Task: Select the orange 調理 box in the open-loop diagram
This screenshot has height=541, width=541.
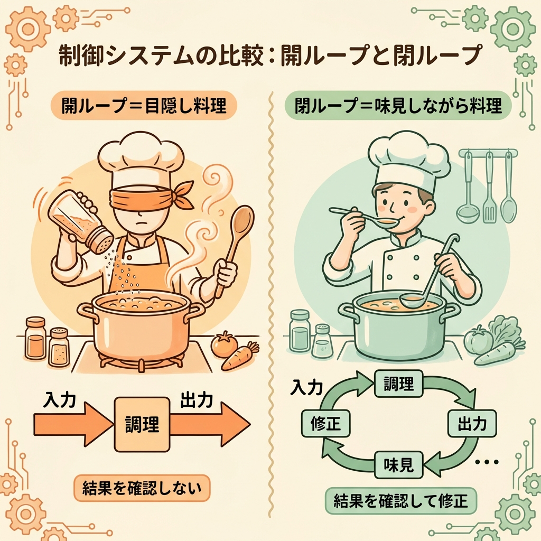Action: click(142, 424)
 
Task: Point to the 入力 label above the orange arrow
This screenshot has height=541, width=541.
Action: click(59, 400)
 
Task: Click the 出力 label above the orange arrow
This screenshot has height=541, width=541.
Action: click(197, 400)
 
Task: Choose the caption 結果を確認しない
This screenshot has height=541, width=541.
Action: click(142, 488)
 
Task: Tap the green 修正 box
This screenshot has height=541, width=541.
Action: click(325, 423)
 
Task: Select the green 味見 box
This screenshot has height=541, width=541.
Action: click(398, 465)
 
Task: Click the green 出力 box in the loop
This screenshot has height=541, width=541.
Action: click(472, 423)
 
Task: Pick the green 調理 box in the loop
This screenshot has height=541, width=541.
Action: click(398, 384)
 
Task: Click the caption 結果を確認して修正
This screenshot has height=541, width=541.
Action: click(401, 501)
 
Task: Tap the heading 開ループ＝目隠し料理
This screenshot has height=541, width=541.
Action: click(144, 105)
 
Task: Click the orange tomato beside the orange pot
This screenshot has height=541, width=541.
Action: click(224, 344)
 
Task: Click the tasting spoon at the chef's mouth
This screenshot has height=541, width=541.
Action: click(362, 217)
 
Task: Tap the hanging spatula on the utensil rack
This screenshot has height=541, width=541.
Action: click(489, 188)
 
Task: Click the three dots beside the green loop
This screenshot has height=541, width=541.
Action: click(487, 462)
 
